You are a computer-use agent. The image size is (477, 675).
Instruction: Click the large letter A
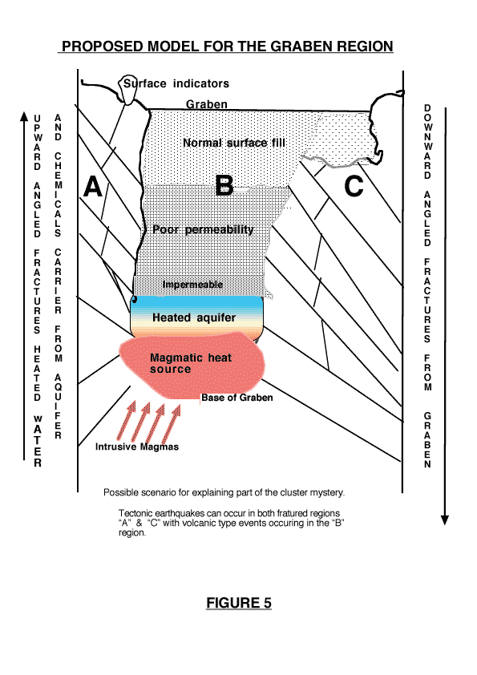pos(93,187)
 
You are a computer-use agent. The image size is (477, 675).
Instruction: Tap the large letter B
pos(224,185)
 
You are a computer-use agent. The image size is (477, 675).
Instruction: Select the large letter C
pos(354,187)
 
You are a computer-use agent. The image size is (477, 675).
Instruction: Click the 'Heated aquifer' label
pos(194,317)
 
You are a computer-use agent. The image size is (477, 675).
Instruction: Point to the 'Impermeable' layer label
pos(193,285)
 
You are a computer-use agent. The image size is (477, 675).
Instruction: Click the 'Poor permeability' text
pos(203,229)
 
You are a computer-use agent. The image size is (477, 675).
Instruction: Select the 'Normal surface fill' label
pos(234,143)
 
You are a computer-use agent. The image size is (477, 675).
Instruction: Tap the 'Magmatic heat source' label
pos(191,363)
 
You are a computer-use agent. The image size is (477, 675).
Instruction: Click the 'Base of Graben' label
pos(237,398)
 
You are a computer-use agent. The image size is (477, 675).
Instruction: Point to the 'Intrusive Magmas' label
pos(137,447)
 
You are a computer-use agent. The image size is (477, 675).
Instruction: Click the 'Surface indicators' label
pos(176,83)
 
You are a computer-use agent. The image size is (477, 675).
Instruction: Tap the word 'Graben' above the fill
pos(207,104)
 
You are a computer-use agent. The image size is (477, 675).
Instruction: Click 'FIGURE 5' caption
pos(239,603)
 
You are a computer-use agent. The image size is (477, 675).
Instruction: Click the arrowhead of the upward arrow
pos(25,116)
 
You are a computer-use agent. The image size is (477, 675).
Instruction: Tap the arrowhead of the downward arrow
pos(445,520)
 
